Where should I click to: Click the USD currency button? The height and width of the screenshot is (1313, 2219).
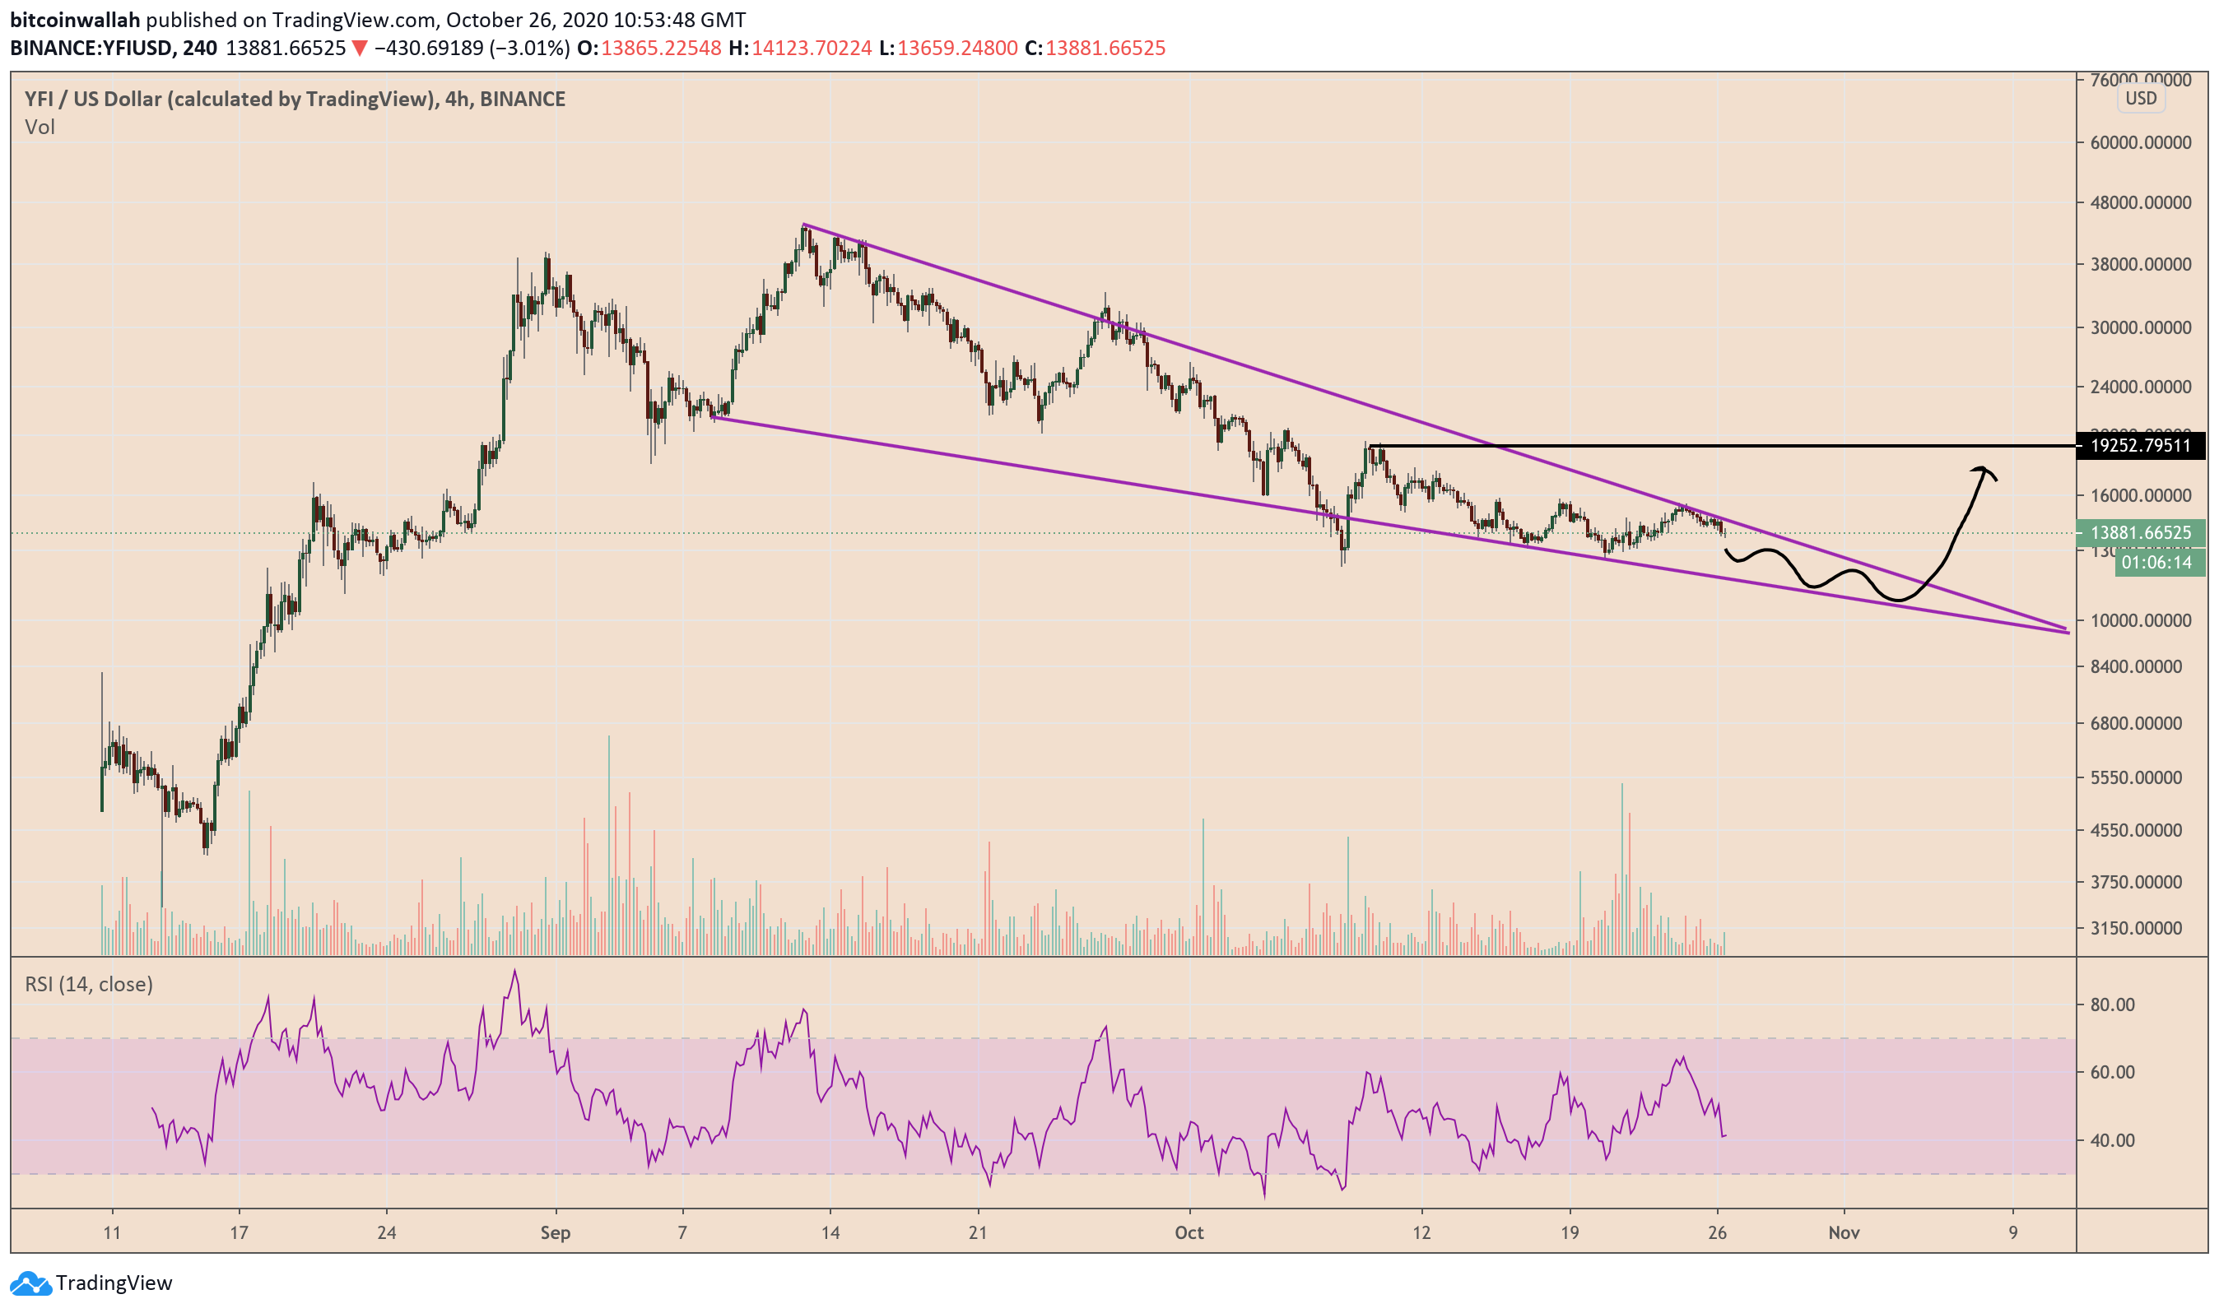[x=2140, y=98]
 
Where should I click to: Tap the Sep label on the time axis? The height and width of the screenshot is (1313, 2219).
[x=555, y=1233]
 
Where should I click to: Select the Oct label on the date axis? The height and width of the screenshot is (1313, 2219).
[x=1189, y=1233]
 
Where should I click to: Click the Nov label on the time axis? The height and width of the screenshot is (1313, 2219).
[x=1844, y=1233]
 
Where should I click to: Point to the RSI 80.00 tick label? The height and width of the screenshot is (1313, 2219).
[x=2112, y=1005]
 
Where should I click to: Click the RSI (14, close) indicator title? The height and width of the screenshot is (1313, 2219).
[x=89, y=985]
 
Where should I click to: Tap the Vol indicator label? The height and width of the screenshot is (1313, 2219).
[x=40, y=128]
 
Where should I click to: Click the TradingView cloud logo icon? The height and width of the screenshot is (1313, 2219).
[x=30, y=1283]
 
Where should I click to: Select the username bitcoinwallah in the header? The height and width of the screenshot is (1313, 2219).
[x=75, y=20]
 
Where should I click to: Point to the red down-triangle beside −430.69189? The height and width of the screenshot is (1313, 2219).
[x=360, y=49]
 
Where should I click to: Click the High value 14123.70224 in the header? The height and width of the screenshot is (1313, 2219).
[x=811, y=49]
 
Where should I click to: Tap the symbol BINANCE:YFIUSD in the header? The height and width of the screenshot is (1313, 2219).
[x=91, y=49]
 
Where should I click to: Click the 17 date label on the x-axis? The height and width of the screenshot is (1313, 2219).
[x=238, y=1233]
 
